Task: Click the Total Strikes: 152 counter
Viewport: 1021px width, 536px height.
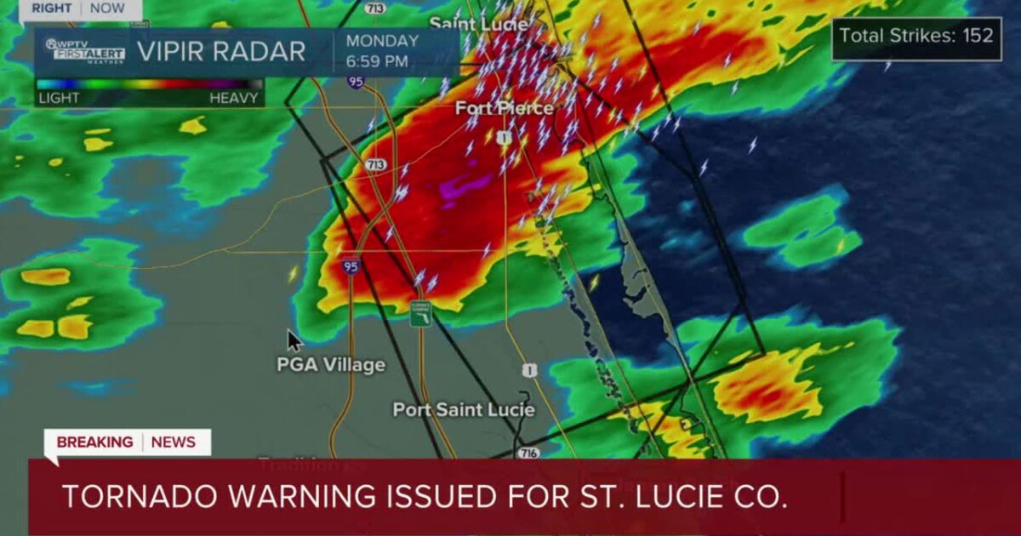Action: point(916,36)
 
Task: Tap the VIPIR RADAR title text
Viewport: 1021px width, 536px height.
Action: point(220,52)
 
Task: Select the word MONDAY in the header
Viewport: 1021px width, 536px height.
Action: point(382,41)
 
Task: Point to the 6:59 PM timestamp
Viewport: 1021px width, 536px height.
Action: point(376,60)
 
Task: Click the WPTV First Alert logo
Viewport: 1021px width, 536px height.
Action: point(85,50)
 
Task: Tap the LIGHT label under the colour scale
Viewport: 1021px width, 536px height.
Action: point(60,98)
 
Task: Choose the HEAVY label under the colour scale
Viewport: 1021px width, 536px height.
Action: point(233,98)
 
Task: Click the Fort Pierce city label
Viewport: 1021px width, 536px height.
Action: point(504,108)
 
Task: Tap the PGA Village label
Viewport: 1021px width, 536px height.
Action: point(331,365)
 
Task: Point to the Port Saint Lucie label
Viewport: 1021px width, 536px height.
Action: point(464,409)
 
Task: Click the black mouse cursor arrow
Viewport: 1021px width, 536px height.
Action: point(294,340)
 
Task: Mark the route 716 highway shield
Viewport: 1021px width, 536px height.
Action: point(528,453)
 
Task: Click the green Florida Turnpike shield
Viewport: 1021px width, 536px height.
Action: point(420,313)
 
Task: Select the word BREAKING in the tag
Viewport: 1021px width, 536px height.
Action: point(94,442)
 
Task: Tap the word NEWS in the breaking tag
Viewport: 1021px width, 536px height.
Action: point(174,442)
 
